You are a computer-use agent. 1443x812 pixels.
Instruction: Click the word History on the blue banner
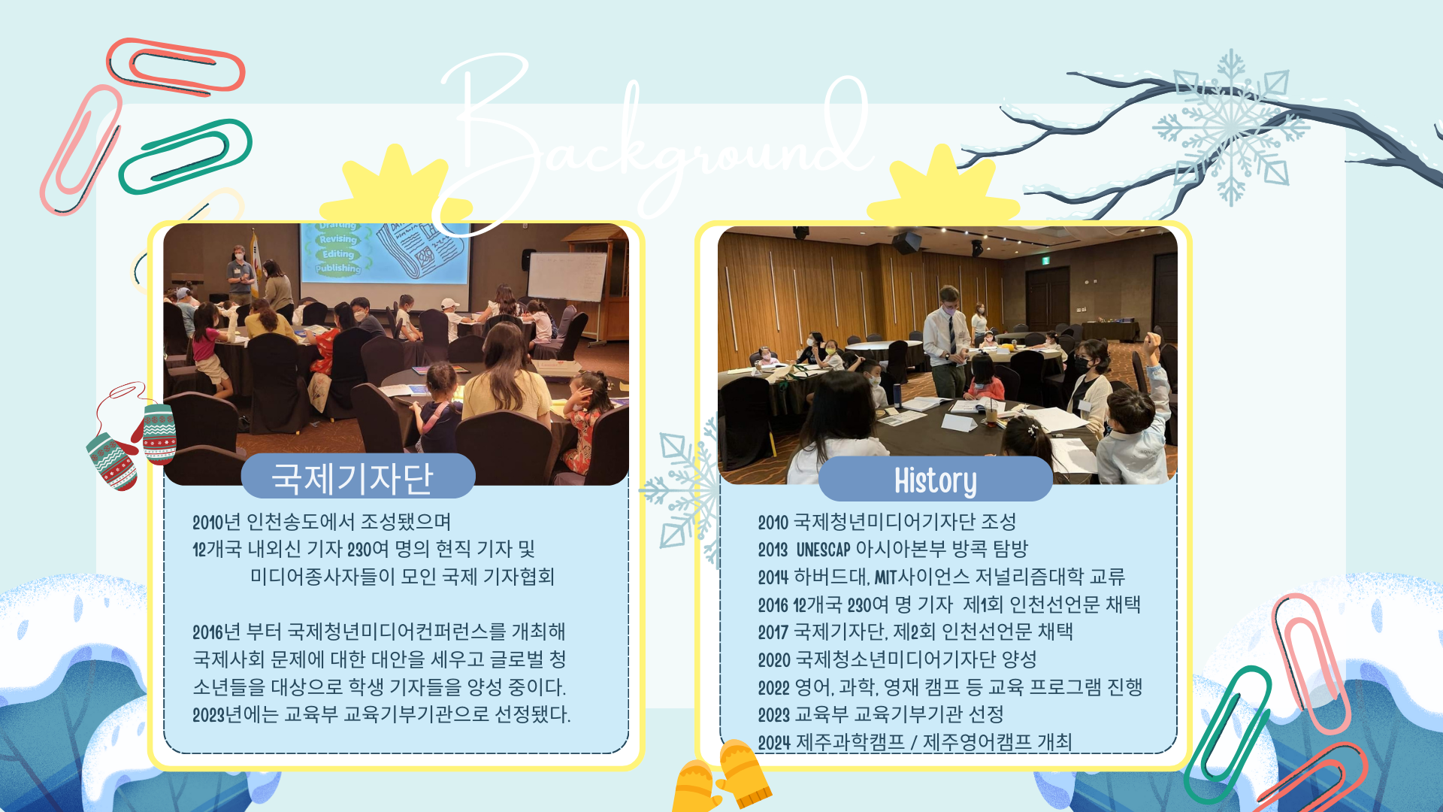[x=935, y=480]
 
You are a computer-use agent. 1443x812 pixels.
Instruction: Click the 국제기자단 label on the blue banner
[x=352, y=477]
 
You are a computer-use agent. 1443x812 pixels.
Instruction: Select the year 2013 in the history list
[x=773, y=550]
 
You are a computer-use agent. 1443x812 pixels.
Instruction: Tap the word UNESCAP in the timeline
[x=823, y=550]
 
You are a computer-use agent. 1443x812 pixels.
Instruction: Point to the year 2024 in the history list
[x=773, y=743]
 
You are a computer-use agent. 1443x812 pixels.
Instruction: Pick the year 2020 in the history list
[x=773, y=660]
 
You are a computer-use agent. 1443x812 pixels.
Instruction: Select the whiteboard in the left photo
[x=567, y=277]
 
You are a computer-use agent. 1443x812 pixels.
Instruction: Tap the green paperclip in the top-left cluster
[x=185, y=156]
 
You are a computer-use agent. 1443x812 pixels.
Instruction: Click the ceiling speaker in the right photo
[x=907, y=242]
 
